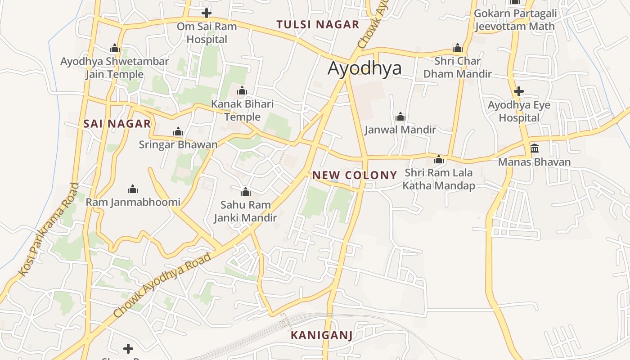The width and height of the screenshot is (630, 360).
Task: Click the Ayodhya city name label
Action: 364,68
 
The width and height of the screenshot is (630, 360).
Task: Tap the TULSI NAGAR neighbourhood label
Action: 318,25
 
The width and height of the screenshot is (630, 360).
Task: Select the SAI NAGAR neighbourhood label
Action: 117,124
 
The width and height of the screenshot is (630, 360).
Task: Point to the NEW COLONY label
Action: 355,175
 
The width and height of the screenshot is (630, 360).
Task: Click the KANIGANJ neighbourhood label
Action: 321,335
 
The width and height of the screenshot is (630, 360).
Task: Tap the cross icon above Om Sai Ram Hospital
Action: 207,13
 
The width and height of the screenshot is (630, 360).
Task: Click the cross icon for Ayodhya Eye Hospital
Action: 519,91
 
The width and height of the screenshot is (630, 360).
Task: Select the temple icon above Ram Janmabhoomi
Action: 133,189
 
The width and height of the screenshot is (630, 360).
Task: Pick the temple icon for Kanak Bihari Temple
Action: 242,91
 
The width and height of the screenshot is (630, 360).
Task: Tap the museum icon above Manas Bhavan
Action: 535,148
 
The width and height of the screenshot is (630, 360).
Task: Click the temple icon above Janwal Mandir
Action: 400,117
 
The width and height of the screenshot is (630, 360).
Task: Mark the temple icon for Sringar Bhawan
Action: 178,131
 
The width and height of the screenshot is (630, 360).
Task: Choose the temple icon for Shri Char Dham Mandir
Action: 458,48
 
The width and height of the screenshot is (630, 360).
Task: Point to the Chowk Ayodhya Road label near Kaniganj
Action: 162,285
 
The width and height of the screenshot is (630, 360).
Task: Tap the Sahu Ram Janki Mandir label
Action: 245,211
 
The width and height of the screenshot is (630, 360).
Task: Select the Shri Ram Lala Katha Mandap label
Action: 439,179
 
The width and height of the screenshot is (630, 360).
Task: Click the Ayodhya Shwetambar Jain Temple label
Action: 115,67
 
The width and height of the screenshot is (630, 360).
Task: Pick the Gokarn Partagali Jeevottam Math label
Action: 515,20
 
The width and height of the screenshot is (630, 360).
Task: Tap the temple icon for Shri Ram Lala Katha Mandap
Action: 439,159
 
